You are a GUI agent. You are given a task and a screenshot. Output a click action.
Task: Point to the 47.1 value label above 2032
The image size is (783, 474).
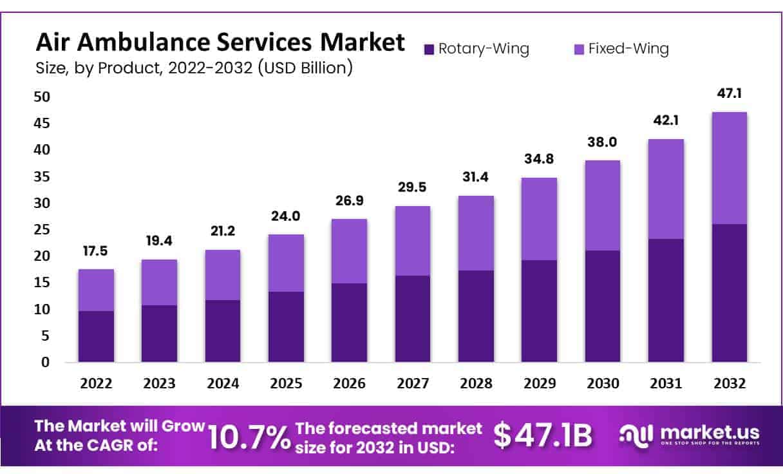(x=729, y=94)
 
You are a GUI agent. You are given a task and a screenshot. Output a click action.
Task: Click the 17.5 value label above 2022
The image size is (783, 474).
(x=96, y=250)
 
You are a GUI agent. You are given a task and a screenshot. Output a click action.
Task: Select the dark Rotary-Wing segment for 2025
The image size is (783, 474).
(x=286, y=327)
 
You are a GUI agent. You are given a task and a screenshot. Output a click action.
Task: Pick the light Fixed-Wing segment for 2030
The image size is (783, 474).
(x=603, y=205)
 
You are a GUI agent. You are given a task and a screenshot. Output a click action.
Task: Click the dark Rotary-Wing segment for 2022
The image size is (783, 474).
(x=96, y=336)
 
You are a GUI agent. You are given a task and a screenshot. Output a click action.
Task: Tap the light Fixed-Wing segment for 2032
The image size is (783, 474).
(x=729, y=168)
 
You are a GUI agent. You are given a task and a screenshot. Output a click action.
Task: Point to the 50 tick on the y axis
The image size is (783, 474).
(x=41, y=97)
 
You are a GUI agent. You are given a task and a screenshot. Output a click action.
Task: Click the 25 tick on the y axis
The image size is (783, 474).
(x=41, y=229)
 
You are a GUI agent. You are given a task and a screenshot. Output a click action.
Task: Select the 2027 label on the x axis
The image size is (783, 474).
(x=413, y=384)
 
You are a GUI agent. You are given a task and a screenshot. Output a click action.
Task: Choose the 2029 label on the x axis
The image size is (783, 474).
(x=540, y=384)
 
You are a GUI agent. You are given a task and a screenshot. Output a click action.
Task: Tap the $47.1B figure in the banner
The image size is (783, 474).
(x=542, y=436)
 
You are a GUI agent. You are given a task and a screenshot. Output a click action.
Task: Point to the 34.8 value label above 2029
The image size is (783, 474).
(x=540, y=158)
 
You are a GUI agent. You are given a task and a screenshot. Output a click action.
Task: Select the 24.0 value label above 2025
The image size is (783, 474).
(x=286, y=216)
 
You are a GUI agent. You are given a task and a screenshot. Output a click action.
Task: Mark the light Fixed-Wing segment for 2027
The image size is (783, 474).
(x=413, y=241)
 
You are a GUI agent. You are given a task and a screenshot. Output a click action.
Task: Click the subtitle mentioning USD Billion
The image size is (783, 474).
(x=194, y=68)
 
